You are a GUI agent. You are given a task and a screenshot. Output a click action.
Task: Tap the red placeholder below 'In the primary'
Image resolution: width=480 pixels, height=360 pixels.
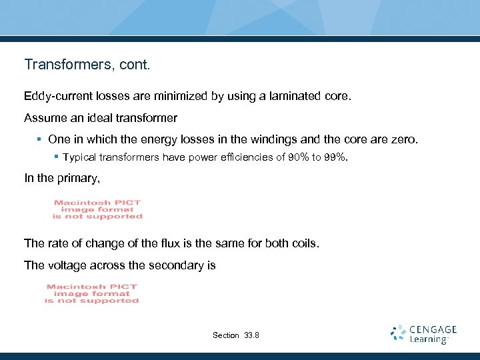(98, 209)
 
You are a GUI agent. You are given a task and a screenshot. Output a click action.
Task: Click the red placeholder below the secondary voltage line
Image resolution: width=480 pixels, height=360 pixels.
(91, 294)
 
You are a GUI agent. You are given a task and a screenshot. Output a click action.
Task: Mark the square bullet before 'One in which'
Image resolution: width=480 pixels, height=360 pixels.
(41, 140)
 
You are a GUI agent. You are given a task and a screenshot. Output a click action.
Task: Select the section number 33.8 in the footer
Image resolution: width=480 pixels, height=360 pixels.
(253, 335)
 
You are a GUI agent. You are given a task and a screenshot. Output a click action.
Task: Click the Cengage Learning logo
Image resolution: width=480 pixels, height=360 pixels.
(424, 334)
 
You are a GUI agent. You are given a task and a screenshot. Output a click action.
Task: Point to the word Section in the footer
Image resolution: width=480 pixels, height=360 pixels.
(225, 335)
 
